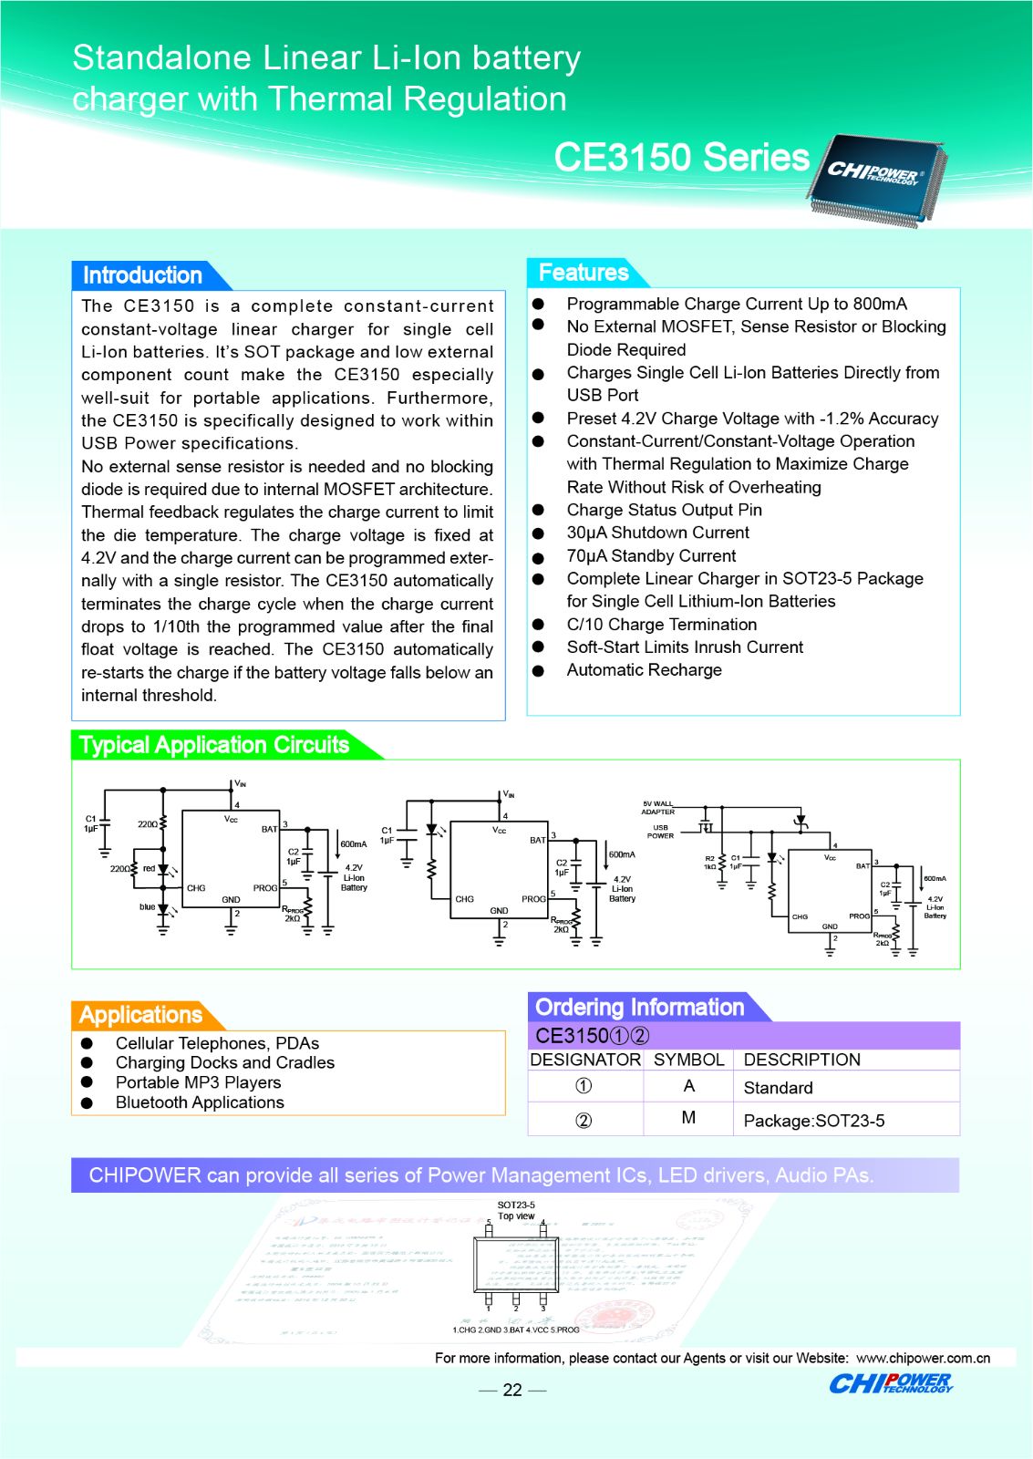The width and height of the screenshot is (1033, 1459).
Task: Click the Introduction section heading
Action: click(142, 275)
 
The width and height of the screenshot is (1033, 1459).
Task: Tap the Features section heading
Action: click(584, 273)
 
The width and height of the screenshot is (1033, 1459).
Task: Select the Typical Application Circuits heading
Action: click(214, 745)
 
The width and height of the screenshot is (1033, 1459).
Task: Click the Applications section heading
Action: click(140, 1015)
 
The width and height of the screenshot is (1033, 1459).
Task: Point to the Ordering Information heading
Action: click(639, 1008)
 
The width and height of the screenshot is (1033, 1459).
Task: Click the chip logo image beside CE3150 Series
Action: click(877, 177)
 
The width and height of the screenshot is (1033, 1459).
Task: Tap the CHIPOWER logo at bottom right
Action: click(890, 1384)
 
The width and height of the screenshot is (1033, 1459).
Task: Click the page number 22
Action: click(512, 1390)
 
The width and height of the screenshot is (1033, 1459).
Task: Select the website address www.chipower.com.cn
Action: click(923, 1358)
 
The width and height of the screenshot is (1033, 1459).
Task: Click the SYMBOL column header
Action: click(688, 1060)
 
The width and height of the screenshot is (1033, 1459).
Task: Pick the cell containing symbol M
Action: click(688, 1118)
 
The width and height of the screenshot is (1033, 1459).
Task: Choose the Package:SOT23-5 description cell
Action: click(813, 1121)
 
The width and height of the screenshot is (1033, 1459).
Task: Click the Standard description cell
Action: click(778, 1088)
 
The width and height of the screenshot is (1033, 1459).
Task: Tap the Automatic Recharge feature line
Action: click(644, 670)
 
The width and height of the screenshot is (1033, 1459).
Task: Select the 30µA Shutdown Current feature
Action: click(657, 533)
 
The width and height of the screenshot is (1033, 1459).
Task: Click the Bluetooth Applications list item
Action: click(200, 1102)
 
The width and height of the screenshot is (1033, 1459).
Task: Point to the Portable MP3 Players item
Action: click(198, 1082)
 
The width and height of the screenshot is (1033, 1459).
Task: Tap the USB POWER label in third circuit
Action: click(660, 832)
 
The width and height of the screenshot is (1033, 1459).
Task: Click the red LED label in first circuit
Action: click(149, 868)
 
